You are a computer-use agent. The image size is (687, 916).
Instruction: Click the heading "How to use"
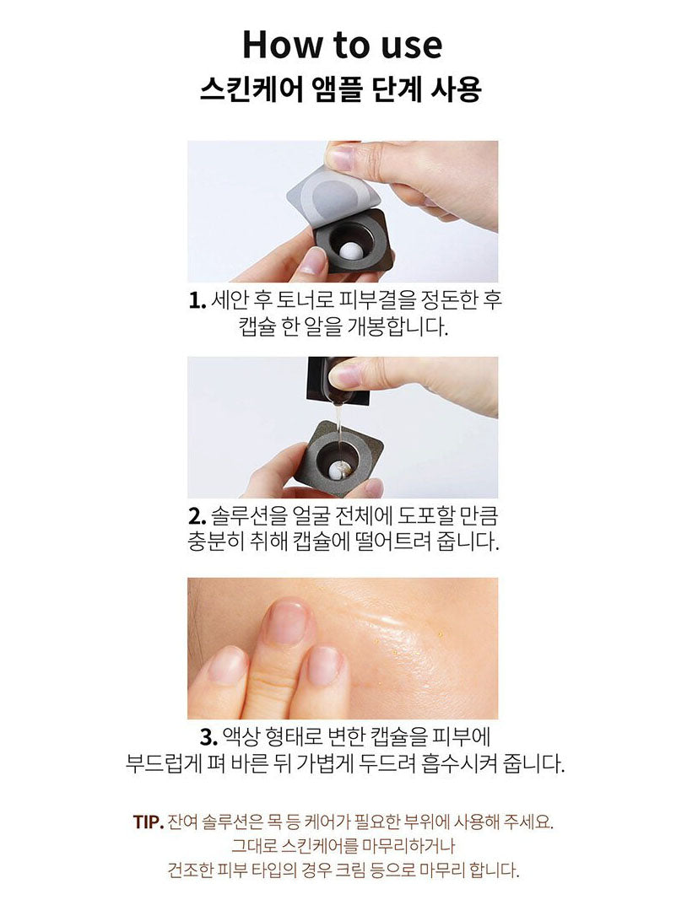click(x=343, y=45)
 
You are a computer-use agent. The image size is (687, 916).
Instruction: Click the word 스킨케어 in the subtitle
click(x=252, y=90)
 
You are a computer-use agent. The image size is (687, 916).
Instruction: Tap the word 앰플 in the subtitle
click(x=338, y=90)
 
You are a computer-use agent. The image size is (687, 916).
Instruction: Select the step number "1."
click(x=197, y=301)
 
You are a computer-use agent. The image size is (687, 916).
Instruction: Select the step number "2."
click(x=197, y=516)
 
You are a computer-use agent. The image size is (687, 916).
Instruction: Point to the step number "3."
click(x=208, y=737)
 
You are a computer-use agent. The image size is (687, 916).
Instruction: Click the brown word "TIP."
click(x=148, y=822)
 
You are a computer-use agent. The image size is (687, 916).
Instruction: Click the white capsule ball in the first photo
click(x=353, y=252)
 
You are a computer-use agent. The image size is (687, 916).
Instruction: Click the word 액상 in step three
click(x=241, y=737)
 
